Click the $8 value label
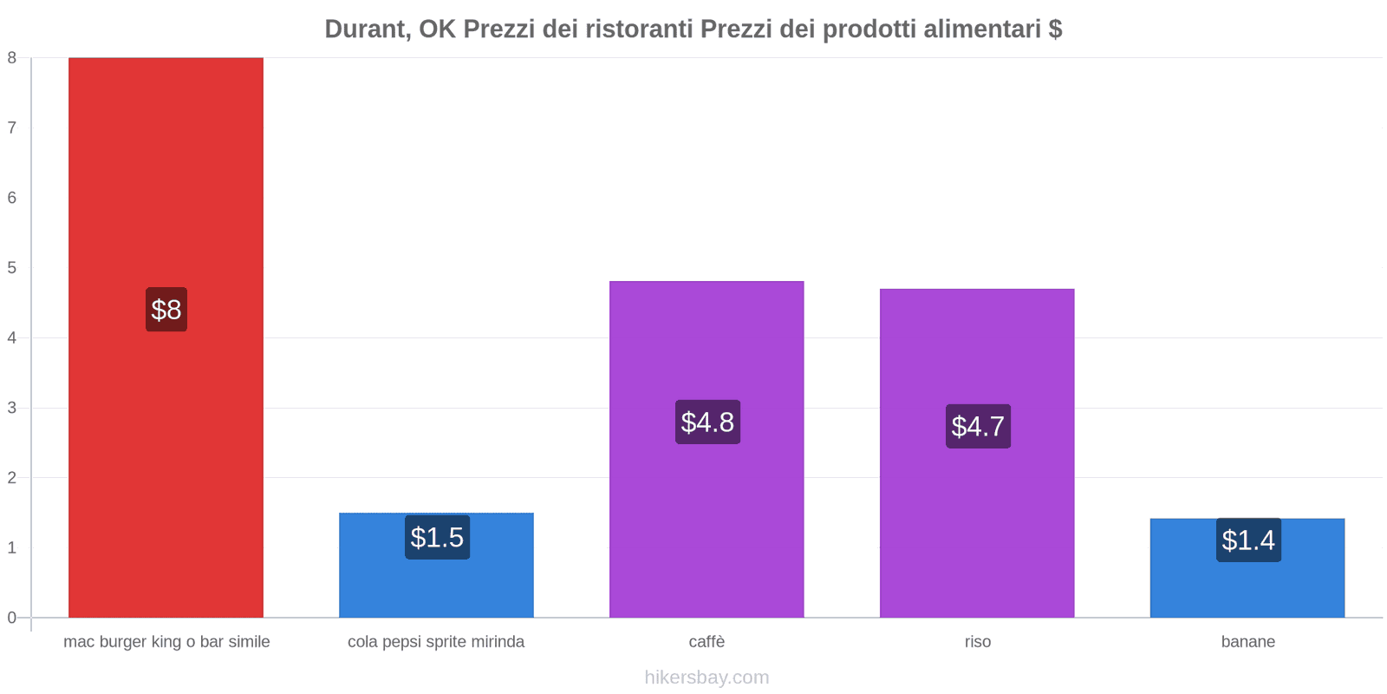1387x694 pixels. coord(166,310)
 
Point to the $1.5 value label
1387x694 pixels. coord(437,538)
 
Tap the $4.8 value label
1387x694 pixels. coord(707,422)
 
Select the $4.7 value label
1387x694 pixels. coord(978,426)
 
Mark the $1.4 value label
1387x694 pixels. coord(1248,540)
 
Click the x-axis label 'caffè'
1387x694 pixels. coord(707,642)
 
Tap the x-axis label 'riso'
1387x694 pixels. coord(977,642)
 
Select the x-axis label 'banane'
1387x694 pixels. coord(1247,642)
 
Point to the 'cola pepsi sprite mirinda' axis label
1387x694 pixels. coord(436,642)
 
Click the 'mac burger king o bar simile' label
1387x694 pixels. coord(166,642)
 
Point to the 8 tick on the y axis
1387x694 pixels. coord(12,58)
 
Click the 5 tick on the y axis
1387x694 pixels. coord(12,268)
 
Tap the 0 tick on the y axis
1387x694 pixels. coord(12,618)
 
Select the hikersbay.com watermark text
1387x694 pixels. coord(707,678)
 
